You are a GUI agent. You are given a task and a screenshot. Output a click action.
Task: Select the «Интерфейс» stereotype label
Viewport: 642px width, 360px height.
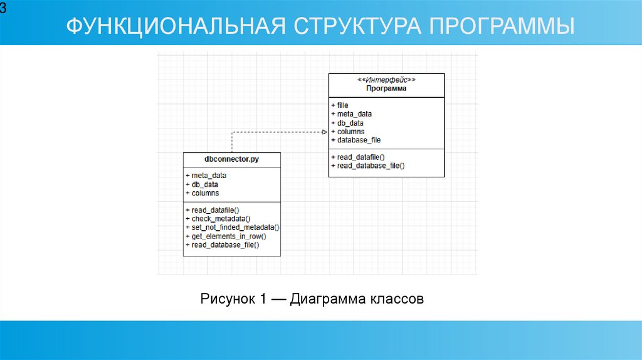pos(386,80)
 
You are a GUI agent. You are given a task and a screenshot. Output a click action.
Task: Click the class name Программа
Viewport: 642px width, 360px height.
pos(386,88)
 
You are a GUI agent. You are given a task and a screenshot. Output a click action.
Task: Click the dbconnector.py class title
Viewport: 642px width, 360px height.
pos(231,160)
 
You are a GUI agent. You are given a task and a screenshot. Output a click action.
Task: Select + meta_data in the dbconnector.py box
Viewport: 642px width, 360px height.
pos(206,176)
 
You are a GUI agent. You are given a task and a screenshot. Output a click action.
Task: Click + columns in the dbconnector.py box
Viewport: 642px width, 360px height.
pos(203,193)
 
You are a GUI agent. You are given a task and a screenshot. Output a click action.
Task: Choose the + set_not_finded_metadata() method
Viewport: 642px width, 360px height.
pos(232,227)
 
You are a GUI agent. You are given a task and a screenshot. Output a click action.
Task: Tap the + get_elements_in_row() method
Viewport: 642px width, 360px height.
pos(226,236)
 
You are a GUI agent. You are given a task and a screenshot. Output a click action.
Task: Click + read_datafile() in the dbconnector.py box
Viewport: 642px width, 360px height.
pos(213,209)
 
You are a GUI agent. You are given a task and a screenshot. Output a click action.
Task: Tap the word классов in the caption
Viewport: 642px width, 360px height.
pos(396,299)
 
